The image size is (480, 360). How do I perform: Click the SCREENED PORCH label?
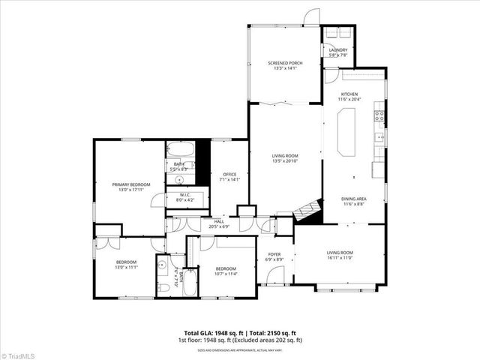(284, 63)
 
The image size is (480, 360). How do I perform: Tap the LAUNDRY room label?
(339, 50)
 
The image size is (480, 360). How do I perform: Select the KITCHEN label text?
(350, 94)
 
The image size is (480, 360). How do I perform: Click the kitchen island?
(348, 131)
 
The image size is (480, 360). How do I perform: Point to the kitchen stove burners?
(380, 116)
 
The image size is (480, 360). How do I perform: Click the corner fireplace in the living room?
(306, 212)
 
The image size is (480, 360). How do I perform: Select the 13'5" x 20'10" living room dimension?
(285, 161)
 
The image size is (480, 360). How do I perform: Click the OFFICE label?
(229, 174)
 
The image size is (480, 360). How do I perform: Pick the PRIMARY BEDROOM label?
(131, 184)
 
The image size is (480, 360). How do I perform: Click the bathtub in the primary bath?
(180, 148)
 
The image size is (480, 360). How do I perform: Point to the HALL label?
(219, 221)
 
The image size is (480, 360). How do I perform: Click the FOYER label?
(274, 254)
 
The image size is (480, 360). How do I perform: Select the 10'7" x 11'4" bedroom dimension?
(226, 274)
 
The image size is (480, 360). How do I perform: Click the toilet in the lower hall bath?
(163, 287)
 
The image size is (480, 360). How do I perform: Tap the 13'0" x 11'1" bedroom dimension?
(125, 268)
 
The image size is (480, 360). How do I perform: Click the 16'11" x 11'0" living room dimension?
(339, 259)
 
